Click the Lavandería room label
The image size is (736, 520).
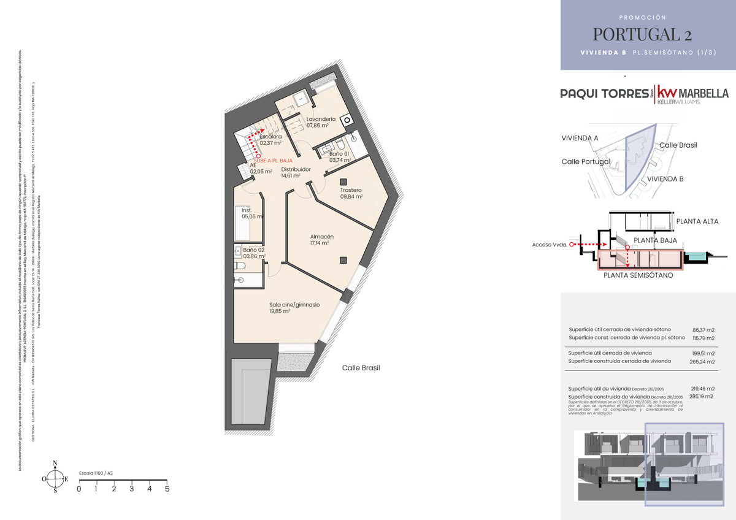click(x=321, y=118)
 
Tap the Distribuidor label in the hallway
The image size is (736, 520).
click(x=296, y=169)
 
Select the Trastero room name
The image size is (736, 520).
click(x=351, y=190)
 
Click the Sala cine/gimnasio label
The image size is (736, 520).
click(x=294, y=305)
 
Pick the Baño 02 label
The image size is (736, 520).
click(x=253, y=250)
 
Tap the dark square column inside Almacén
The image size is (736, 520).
click(x=343, y=259)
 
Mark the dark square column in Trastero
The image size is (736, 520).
click(x=343, y=181)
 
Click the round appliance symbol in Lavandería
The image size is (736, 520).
click(x=347, y=120)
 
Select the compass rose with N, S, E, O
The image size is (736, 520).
click(x=55, y=477)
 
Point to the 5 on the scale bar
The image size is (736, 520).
click(x=167, y=489)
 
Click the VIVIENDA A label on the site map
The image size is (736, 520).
click(x=580, y=138)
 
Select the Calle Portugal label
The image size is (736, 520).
click(x=586, y=161)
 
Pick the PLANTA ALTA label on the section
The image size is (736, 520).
click(x=697, y=221)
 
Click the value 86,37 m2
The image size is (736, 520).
click(x=703, y=329)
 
